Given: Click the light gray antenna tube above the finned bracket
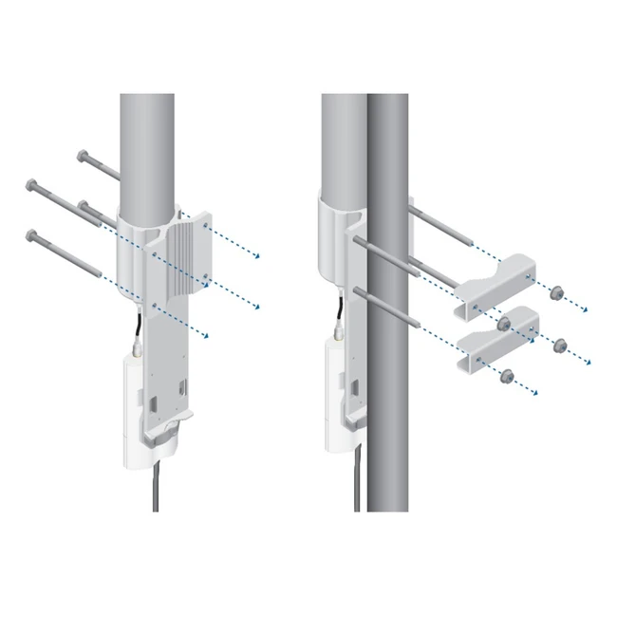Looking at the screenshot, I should [147, 142].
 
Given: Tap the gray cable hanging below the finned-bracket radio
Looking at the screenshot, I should [155, 489].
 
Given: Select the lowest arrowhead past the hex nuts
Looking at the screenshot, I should [537, 393].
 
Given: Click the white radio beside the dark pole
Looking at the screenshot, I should [337, 399].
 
